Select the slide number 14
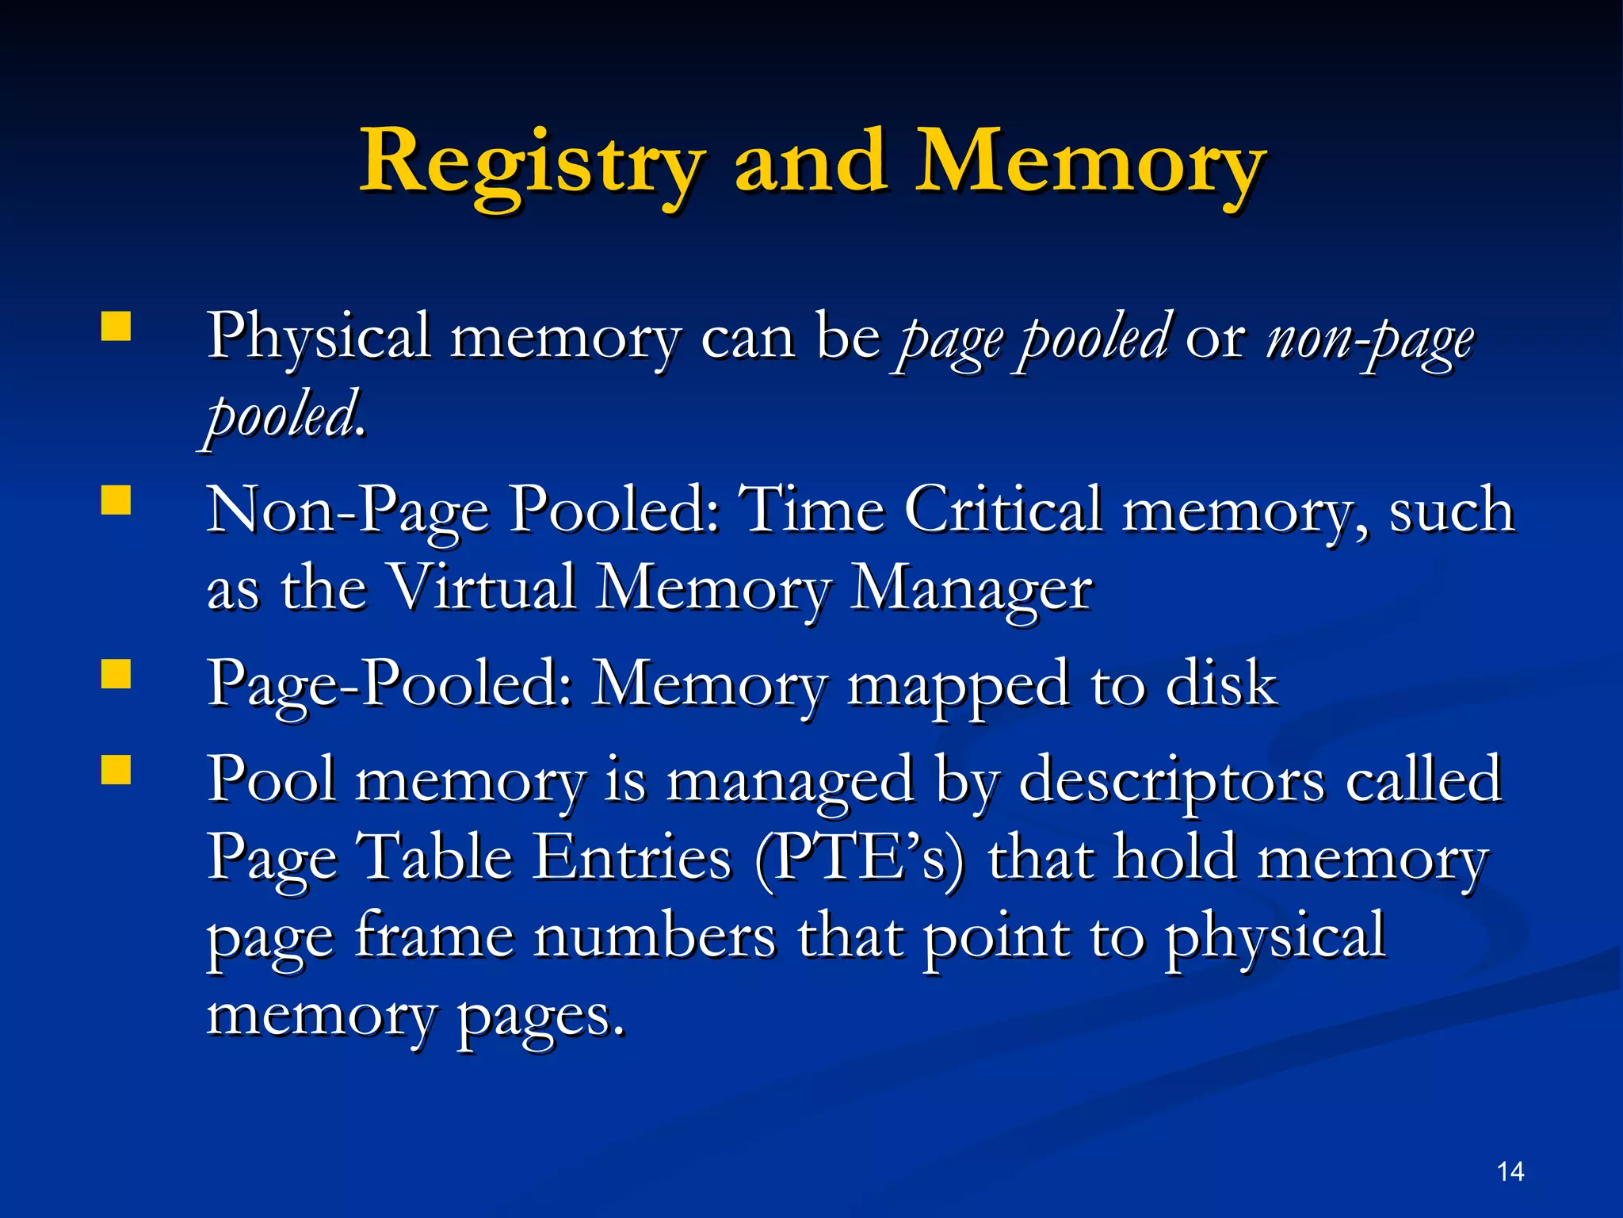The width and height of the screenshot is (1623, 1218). point(1510,1171)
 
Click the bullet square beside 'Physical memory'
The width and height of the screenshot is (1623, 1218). point(116,327)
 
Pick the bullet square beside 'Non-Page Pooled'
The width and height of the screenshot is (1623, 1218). point(116,501)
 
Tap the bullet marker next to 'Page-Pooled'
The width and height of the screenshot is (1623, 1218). point(116,675)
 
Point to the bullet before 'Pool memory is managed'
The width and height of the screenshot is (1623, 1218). point(116,770)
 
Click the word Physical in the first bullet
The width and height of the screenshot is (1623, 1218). point(319,338)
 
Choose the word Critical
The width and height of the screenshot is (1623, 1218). point(1003,509)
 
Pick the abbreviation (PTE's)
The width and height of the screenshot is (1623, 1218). point(860,860)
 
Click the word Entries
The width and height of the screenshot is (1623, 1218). point(632,858)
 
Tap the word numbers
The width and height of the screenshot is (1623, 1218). point(655,936)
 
